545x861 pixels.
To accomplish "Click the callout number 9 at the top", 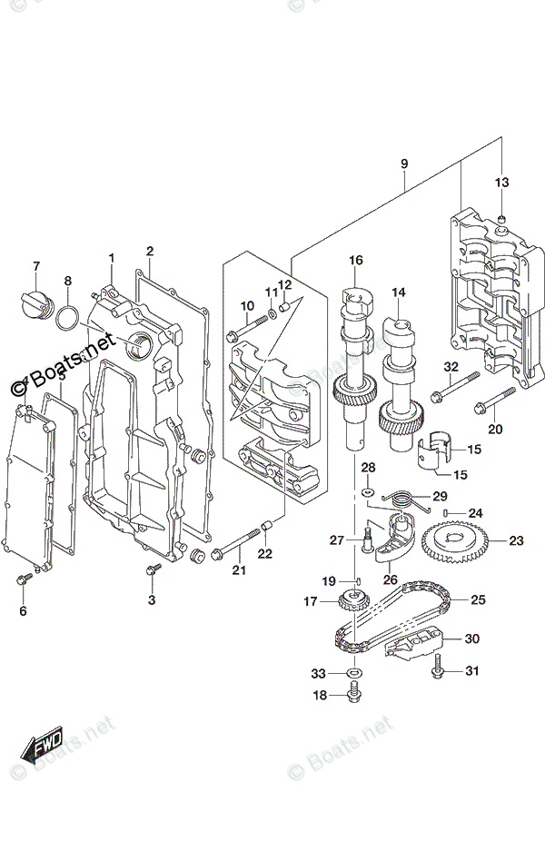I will [404, 163].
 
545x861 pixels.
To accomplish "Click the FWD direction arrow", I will [43, 747].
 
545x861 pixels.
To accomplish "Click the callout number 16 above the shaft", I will [355, 261].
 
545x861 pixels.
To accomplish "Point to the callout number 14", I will [398, 292].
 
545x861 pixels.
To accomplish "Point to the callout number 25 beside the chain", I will [477, 599].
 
